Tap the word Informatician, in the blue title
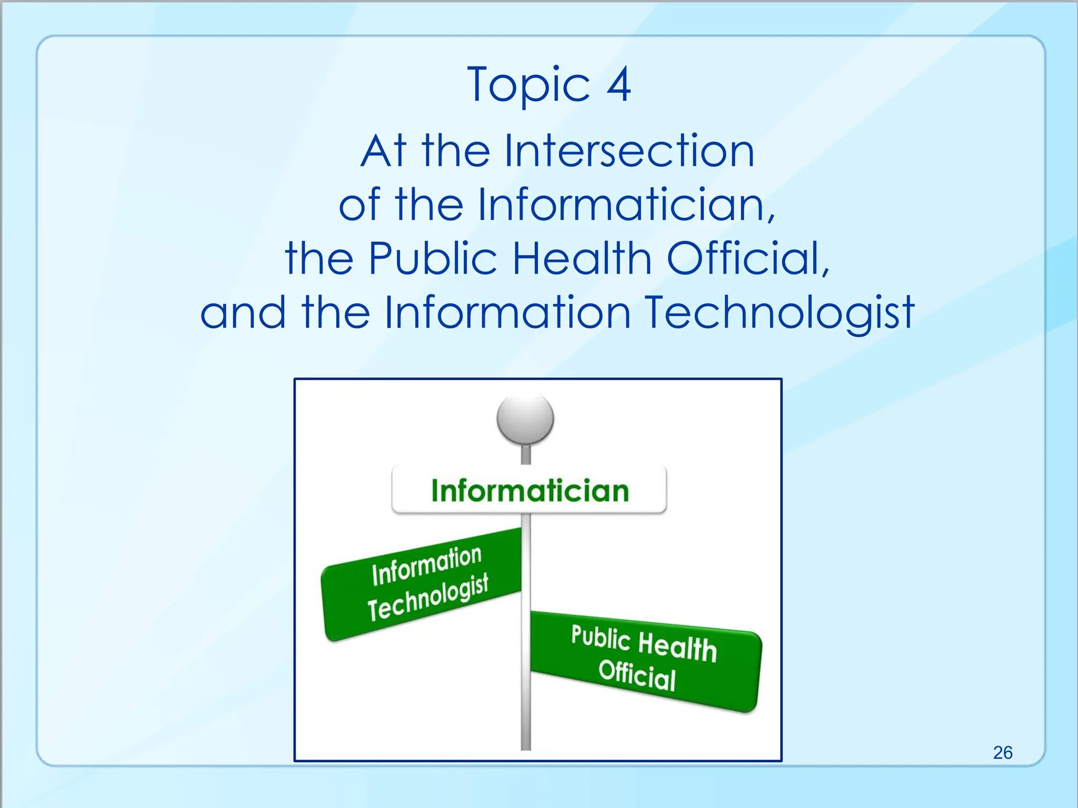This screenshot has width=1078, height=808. pos(626,205)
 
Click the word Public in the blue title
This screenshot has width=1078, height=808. pos(432,258)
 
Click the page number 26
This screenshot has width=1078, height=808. pos(1003,752)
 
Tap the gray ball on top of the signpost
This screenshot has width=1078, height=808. pos(525,419)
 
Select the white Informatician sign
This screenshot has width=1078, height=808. pos(529,490)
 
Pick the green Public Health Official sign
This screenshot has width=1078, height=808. pos(645,660)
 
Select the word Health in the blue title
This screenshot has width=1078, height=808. pos(582,258)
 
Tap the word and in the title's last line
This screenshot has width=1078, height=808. pos(243,313)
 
